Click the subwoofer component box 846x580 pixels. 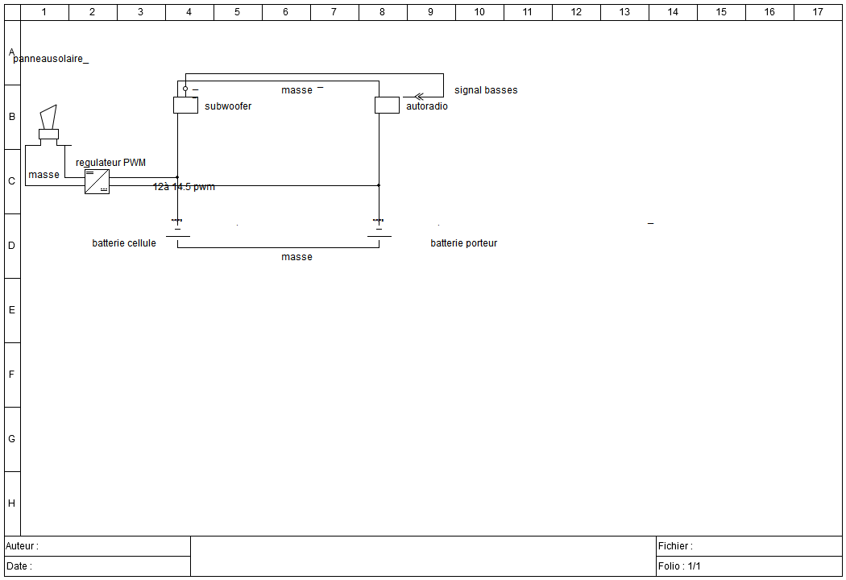pyautogui.click(x=185, y=105)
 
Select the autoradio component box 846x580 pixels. pyautogui.click(x=387, y=105)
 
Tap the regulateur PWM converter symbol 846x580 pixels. pyautogui.click(x=97, y=181)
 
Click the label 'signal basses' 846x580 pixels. pyautogui.click(x=486, y=90)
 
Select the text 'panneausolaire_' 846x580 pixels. pyautogui.click(x=51, y=60)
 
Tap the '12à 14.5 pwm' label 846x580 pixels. pyautogui.click(x=184, y=187)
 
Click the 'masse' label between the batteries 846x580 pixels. pyautogui.click(x=297, y=257)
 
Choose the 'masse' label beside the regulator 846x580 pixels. pyautogui.click(x=44, y=175)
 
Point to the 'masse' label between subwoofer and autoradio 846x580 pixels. pyautogui.click(x=297, y=90)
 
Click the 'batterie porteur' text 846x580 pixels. pyautogui.click(x=463, y=243)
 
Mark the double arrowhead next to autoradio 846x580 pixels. pyautogui.click(x=418, y=97)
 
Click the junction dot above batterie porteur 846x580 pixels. pyautogui.click(x=379, y=185)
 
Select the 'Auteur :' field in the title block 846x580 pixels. pyautogui.click(x=23, y=546)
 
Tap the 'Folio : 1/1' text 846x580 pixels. pyautogui.click(x=679, y=566)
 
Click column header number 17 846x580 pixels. pyautogui.click(x=818, y=12)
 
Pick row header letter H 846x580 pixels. pyautogui.click(x=11, y=503)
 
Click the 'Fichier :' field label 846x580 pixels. pyautogui.click(x=675, y=546)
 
